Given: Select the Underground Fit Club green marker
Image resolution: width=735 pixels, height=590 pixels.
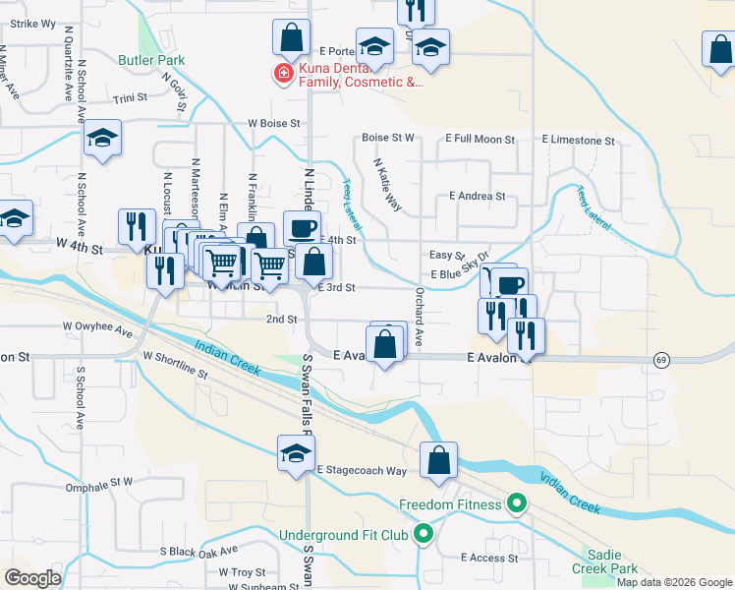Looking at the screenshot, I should [424, 535].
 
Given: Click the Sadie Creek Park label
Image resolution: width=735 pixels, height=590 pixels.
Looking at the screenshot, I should [605, 560].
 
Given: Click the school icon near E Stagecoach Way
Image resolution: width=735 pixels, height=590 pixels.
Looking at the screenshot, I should [294, 454].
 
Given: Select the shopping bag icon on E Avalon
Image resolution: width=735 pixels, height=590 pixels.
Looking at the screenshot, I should [385, 344].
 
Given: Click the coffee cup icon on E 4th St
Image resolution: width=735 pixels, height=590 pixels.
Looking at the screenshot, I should [302, 229].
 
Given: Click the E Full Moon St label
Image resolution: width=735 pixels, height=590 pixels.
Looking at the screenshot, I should [480, 140].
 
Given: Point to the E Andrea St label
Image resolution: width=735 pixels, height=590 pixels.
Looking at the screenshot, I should [477, 197].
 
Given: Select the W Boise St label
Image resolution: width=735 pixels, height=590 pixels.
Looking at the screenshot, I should [272, 124].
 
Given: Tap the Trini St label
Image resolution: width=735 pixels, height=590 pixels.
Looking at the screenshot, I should [130, 98].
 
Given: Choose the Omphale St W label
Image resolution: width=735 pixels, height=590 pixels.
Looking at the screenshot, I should [98, 483].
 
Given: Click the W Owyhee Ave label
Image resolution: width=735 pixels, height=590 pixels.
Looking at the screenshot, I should [97, 325].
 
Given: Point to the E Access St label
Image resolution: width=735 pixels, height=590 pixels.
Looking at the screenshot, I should [488, 558].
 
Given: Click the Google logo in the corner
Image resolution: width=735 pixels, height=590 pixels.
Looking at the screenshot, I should [32, 578].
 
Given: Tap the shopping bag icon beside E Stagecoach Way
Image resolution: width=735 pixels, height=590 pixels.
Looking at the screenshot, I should [439, 461].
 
